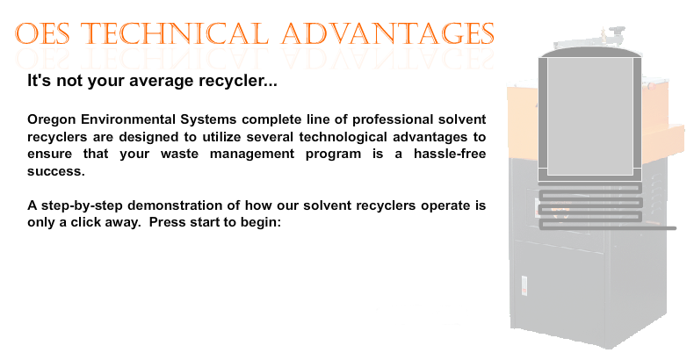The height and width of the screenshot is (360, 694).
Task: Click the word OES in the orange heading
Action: point(42,33)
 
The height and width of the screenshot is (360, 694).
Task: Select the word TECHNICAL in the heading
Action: point(175,33)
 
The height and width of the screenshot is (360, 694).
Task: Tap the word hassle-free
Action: point(450,154)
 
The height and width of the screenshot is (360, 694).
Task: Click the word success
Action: point(55,171)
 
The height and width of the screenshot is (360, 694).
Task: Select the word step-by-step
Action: point(82,206)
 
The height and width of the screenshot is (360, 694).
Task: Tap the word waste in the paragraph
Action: point(179,155)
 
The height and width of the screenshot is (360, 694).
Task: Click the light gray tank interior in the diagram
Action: point(590,116)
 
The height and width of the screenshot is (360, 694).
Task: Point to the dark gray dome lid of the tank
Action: point(590,53)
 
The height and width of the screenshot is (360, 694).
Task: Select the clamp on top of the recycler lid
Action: point(610,34)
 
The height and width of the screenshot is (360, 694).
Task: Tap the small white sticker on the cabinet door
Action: point(524,285)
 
